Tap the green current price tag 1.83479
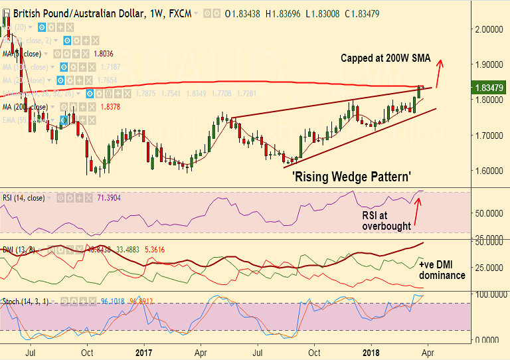click(x=491, y=87)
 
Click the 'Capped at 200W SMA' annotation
click(x=386, y=58)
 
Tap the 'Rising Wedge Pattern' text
click(x=351, y=177)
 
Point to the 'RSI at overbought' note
click(x=386, y=221)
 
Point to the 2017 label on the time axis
click(x=145, y=353)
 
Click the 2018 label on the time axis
click(x=373, y=353)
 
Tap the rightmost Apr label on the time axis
click(x=428, y=353)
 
